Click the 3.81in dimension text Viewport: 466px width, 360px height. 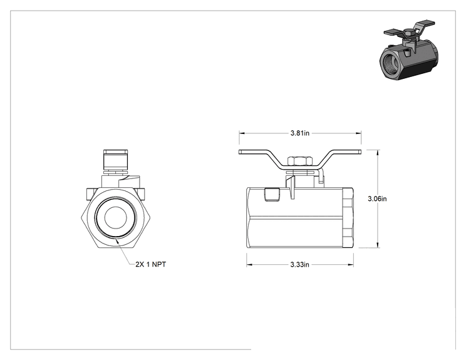point(300,133)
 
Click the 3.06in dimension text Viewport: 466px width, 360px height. point(377,198)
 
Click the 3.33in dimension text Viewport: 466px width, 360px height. point(299,264)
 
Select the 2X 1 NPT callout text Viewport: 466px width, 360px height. point(151,264)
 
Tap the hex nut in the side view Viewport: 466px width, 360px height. point(300,161)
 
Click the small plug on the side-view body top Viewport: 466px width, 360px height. point(272,195)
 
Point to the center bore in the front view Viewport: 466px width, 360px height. point(116,217)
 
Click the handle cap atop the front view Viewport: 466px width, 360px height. point(116,160)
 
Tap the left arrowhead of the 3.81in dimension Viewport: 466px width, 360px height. point(242,133)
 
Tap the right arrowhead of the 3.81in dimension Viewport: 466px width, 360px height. point(359,133)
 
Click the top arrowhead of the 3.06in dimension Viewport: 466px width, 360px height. point(378,153)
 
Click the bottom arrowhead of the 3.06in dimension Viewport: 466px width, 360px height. point(378,245)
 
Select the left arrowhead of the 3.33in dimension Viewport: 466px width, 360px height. point(249,264)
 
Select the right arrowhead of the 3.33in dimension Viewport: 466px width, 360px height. point(351,264)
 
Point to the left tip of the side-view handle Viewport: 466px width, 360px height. point(239,152)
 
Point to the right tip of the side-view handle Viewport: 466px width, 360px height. point(361,152)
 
